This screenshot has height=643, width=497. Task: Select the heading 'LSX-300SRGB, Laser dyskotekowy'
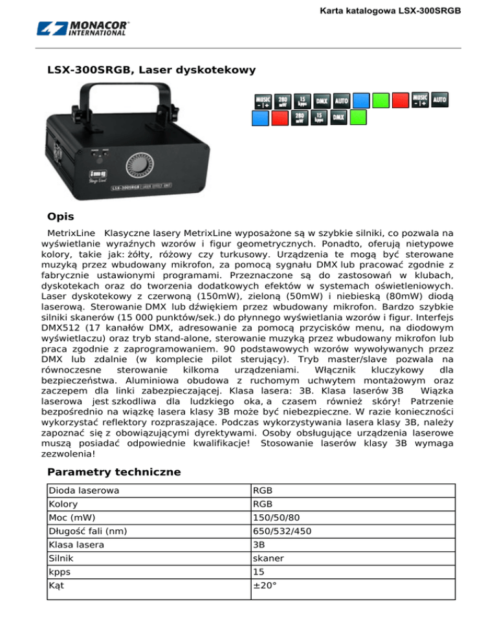pos(151,69)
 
